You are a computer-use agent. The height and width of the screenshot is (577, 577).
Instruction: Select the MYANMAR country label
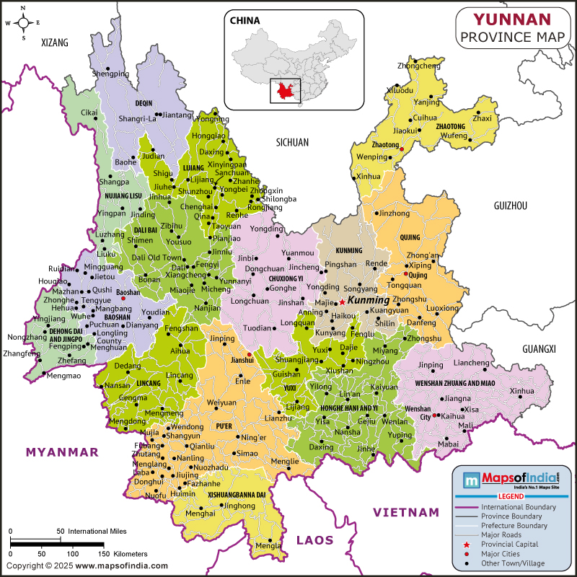coord(62,452)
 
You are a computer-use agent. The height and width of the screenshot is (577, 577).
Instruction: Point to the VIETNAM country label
coord(405,512)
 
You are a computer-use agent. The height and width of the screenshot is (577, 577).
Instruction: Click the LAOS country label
coord(314,539)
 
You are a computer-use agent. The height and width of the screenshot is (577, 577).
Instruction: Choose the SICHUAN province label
coord(292,143)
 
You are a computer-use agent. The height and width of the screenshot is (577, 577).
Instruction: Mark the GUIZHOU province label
coord(510,206)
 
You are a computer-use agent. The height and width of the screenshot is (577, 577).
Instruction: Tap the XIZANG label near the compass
coord(55,43)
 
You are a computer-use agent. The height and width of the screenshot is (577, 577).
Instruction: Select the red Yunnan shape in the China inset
coord(283,91)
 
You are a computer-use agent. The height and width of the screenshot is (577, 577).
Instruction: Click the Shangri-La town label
coord(137,119)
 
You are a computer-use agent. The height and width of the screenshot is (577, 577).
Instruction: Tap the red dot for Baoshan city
coord(123,298)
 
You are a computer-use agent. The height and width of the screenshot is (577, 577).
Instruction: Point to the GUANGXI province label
coord(539,349)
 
